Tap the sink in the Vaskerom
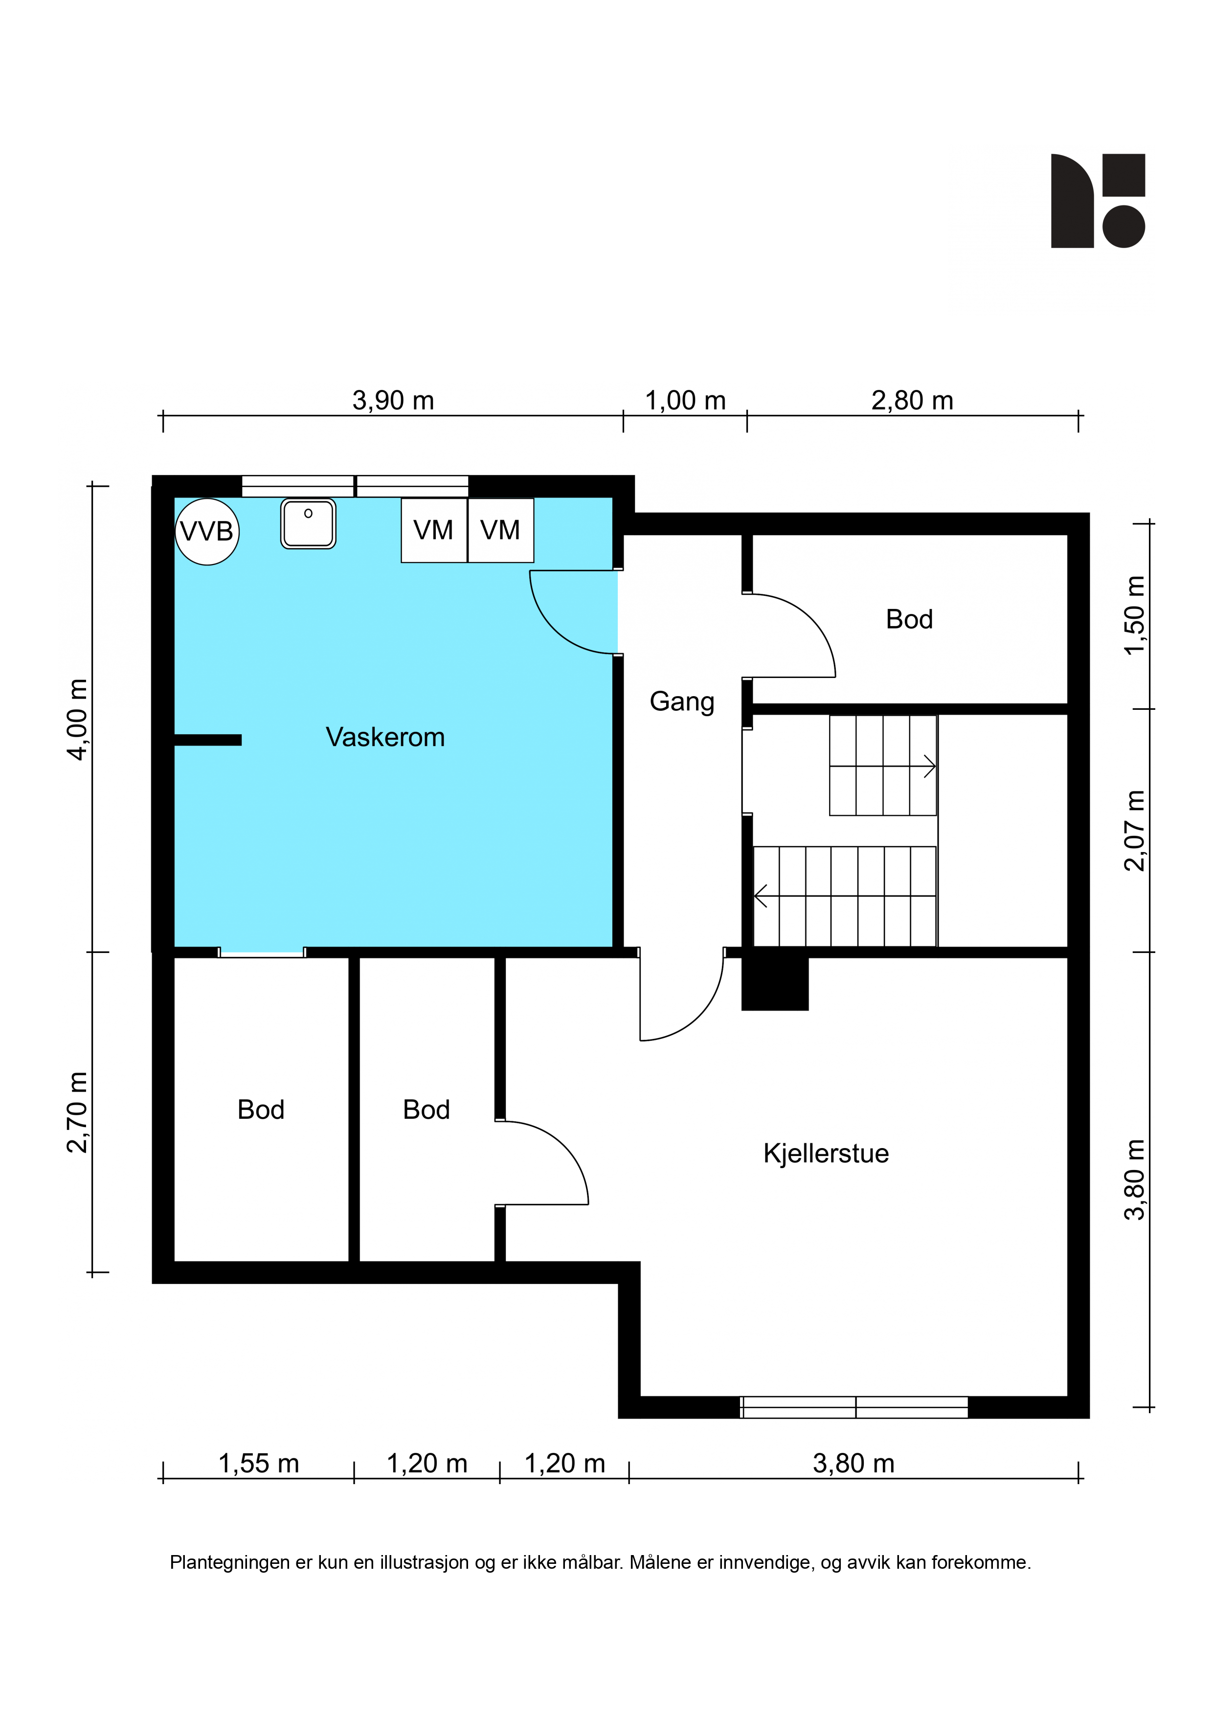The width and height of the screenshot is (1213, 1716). tap(308, 524)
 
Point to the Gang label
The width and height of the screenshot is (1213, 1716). tap(682, 702)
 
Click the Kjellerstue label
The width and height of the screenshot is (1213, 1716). tap(826, 1153)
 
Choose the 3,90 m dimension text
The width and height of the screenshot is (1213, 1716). tap(393, 401)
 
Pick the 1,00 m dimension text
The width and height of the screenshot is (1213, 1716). tap(685, 401)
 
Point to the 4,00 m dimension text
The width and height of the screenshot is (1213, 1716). tap(78, 720)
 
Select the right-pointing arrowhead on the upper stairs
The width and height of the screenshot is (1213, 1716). tap(930, 766)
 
